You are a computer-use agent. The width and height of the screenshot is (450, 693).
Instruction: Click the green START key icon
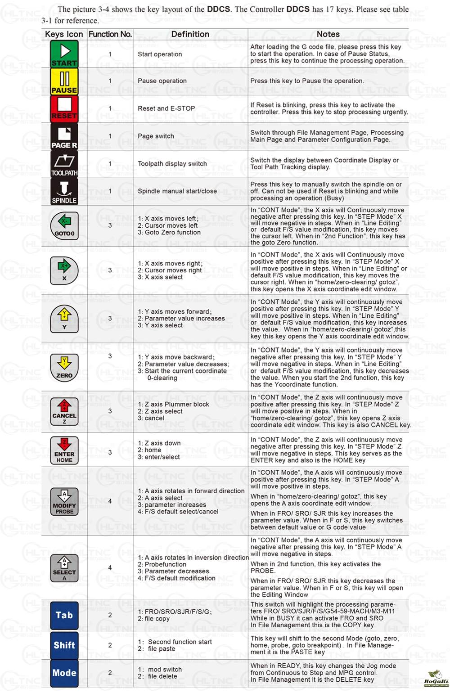click(64, 54)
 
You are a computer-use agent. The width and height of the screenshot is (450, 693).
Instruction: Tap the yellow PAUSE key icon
click(64, 81)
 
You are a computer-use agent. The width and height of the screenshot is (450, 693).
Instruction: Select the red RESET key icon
click(64, 109)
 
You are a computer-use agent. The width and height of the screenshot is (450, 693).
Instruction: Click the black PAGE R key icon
click(64, 136)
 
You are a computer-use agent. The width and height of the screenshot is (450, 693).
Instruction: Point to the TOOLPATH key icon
click(64, 164)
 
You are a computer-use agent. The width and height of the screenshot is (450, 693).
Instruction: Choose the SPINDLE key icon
click(64, 192)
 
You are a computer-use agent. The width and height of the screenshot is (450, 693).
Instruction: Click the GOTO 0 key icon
click(64, 225)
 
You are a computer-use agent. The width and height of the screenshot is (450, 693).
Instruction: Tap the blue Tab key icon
click(64, 615)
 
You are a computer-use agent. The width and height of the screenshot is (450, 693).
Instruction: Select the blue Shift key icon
click(64, 645)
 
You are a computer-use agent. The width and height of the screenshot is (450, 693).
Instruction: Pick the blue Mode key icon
click(64, 673)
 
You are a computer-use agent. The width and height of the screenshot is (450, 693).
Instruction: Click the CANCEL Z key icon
click(64, 411)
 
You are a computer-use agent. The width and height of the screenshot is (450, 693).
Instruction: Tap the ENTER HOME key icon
click(64, 450)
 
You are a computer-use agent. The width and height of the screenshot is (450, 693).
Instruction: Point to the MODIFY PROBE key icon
click(64, 501)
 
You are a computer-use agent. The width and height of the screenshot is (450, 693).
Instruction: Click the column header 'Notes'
click(328, 34)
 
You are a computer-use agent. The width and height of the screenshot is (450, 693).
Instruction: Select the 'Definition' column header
click(190, 34)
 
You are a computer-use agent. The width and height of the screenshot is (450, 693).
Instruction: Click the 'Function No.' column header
click(110, 34)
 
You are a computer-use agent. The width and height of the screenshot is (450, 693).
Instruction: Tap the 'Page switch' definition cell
click(156, 136)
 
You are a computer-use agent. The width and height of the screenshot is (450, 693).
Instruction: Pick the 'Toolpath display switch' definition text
click(172, 164)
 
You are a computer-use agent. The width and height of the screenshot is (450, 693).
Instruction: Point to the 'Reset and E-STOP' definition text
click(166, 108)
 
